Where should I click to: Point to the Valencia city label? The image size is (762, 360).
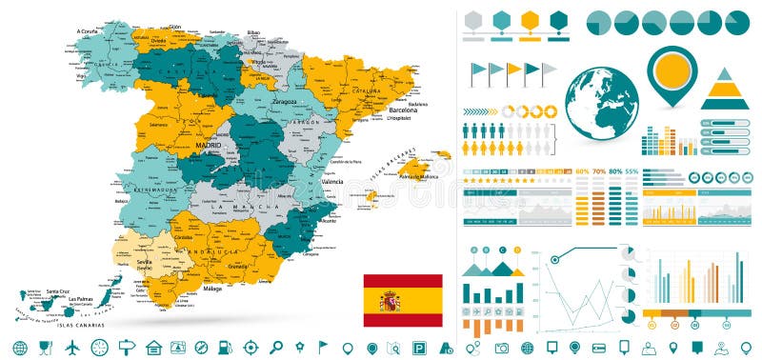332,181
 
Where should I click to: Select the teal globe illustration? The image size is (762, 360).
601,105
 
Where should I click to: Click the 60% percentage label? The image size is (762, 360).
581,172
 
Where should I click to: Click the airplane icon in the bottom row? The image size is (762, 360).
71,347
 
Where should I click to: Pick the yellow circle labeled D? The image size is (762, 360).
517,250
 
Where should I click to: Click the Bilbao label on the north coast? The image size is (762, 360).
253,31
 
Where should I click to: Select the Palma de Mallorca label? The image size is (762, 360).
417,177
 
